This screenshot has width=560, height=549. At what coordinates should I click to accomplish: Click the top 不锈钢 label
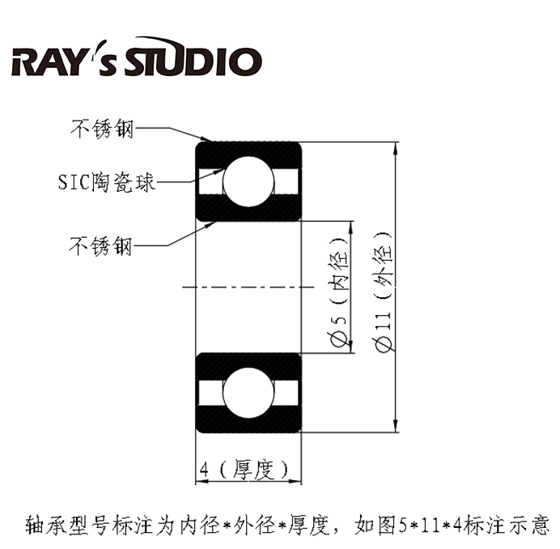(x=101, y=128)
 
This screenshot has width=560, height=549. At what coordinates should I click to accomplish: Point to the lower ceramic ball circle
(x=248, y=393)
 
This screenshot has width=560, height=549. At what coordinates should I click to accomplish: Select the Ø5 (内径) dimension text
(x=339, y=287)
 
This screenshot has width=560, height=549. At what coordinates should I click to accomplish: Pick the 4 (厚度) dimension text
(x=244, y=469)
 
